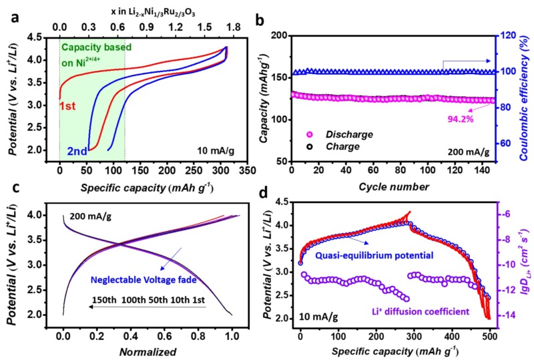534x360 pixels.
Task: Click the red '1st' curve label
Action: click(67, 106)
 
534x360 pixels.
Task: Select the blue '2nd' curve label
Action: click(76, 151)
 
